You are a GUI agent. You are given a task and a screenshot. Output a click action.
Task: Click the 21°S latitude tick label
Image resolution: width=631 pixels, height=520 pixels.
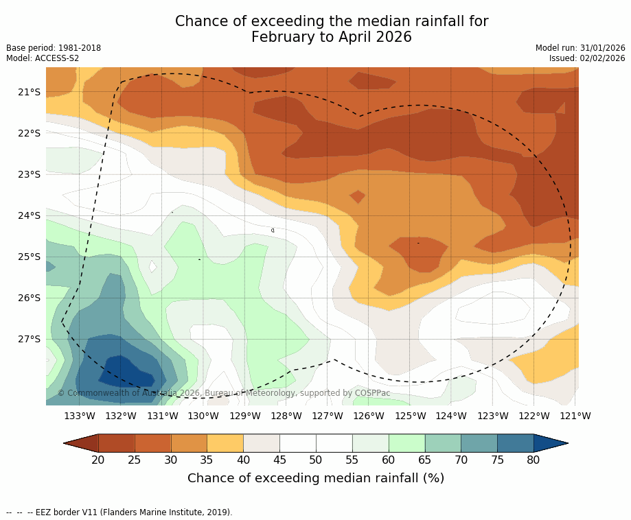click(x=30, y=92)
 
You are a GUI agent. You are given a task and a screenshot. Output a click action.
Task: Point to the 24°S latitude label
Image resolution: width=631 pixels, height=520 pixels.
click(x=30, y=215)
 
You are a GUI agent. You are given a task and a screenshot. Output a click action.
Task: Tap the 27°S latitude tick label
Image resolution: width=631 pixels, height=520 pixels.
click(x=30, y=339)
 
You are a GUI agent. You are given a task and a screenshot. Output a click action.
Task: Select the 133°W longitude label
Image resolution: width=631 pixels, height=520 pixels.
click(x=80, y=416)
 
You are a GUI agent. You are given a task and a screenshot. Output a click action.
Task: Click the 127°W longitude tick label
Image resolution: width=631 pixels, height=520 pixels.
click(x=328, y=416)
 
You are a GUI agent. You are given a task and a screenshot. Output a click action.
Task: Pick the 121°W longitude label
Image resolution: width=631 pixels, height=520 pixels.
click(x=575, y=416)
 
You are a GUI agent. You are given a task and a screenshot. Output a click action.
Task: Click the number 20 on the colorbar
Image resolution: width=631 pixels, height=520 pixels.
click(x=98, y=460)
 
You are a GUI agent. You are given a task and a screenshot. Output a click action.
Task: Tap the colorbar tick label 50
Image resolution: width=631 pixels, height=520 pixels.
click(x=316, y=460)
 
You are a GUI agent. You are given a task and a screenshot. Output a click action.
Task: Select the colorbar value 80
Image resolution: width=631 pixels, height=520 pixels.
click(x=534, y=460)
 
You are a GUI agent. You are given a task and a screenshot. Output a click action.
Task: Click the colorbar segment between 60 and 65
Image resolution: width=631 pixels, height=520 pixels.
click(x=406, y=443)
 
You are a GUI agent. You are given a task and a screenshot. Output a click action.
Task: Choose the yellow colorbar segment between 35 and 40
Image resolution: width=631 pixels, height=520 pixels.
click(x=225, y=443)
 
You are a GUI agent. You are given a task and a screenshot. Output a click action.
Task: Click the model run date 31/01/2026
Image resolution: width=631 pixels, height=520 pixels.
click(x=603, y=48)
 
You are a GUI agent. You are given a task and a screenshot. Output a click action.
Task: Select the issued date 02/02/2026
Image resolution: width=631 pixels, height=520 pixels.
click(x=603, y=58)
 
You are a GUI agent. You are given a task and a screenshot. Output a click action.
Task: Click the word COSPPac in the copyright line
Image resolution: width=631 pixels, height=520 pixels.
click(x=372, y=393)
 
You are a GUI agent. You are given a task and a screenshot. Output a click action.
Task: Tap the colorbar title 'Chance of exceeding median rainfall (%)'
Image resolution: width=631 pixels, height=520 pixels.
click(x=316, y=478)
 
